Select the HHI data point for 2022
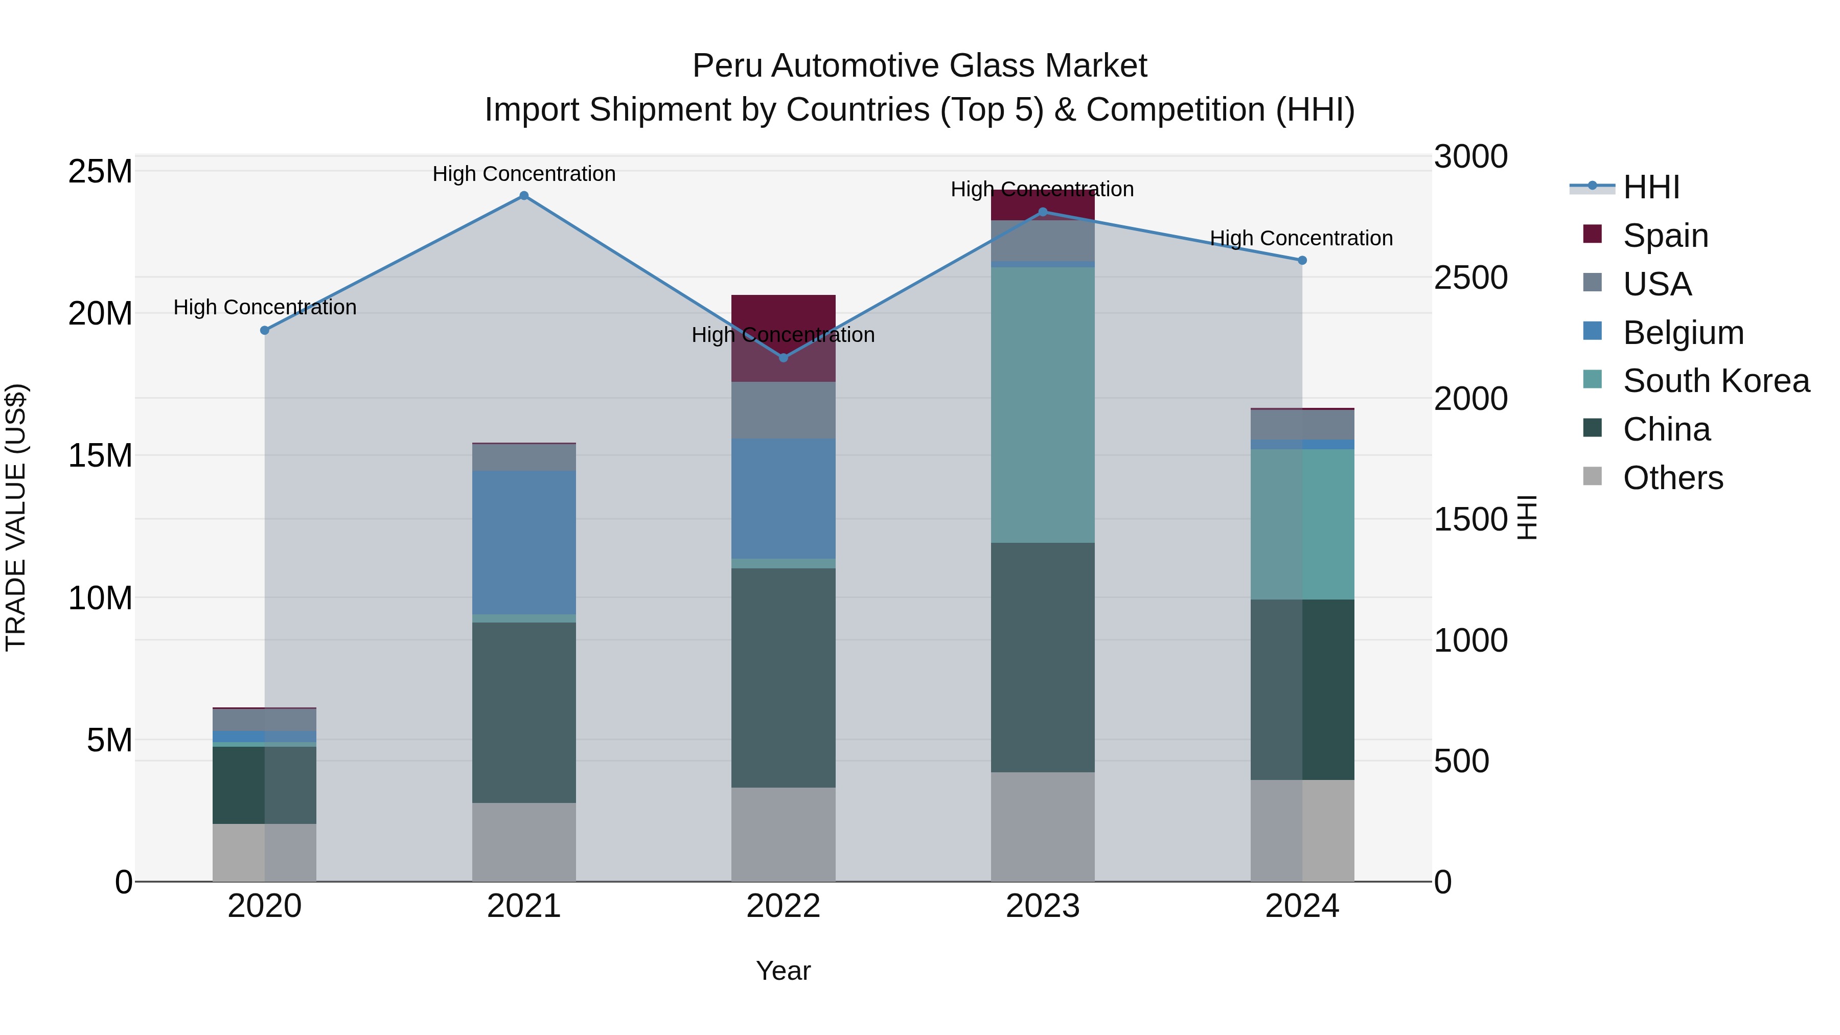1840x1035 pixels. pos(783,358)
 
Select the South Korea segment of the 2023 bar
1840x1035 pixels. pos(1042,405)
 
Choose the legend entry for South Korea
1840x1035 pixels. pos(1716,381)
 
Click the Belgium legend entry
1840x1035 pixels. pos(1683,333)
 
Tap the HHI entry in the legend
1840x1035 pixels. pos(1651,187)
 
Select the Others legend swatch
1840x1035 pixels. pos(1592,476)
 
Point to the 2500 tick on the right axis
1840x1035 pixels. pos(1470,278)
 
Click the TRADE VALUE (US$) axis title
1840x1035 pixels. pos(16,517)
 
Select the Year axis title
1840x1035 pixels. pos(783,971)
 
